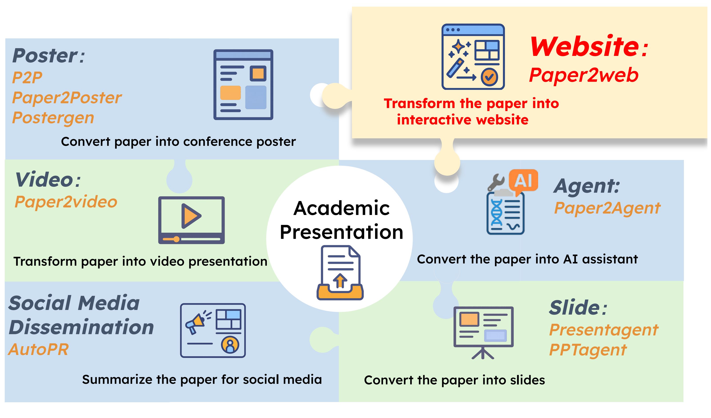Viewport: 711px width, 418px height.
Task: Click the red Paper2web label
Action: click(583, 75)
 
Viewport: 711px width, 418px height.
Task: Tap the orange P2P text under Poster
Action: click(27, 77)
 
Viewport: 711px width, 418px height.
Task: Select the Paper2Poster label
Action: click(67, 98)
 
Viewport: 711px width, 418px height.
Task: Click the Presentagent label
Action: click(604, 330)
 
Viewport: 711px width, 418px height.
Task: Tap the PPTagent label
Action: click(588, 350)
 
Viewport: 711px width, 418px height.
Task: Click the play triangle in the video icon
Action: click(190, 216)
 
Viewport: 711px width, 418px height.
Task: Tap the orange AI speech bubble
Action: click(523, 181)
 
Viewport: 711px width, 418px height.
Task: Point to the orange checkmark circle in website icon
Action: click(489, 77)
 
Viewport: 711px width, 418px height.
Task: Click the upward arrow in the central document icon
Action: click(340, 280)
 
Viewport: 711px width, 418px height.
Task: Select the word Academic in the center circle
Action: click(342, 208)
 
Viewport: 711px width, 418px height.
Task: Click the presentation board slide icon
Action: click(483, 332)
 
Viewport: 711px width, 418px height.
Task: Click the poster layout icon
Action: click(243, 85)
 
